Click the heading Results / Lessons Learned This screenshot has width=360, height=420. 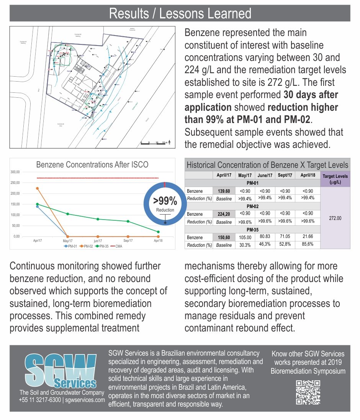pos(180,13)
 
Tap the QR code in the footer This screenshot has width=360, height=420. pos(308,392)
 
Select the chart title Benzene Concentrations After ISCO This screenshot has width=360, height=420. pos(92,165)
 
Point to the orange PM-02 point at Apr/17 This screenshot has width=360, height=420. pos(37,188)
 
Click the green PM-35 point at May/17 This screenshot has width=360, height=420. pos(68,214)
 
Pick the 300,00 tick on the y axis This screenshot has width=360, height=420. pos(15,172)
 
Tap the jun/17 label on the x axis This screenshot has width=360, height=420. pos(98,241)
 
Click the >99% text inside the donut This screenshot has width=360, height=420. pos(165,201)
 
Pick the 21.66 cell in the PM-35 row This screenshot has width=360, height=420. pos(308,237)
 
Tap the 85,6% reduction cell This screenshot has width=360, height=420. pos(308,244)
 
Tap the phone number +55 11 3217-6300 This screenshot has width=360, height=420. pos(40,400)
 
